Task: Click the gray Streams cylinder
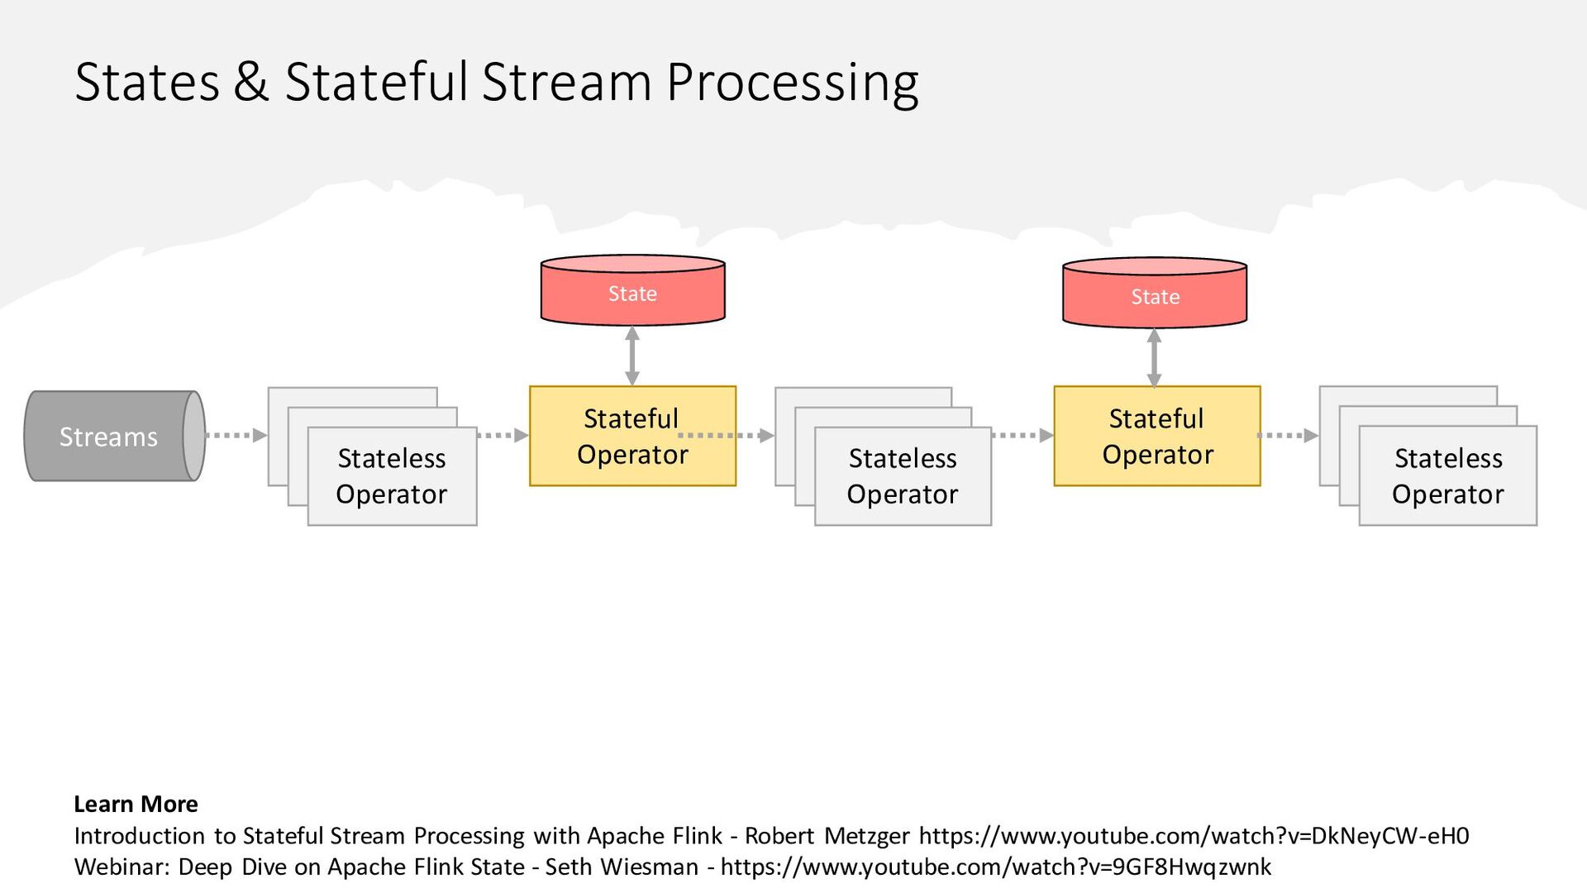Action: [x=114, y=436]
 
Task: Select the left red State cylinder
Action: [x=632, y=290]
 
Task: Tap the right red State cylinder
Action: [x=1155, y=293]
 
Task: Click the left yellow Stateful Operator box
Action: [x=632, y=436]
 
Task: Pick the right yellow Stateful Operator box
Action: [x=1157, y=436]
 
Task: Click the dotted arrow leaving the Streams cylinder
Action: [x=236, y=435]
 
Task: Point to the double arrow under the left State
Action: [x=632, y=356]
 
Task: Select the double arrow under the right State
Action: [x=1155, y=358]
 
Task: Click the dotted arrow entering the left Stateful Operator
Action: [x=503, y=435]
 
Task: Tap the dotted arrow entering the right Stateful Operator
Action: [x=1022, y=435]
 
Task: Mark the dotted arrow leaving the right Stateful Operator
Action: [x=1288, y=435]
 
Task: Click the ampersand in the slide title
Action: [x=251, y=82]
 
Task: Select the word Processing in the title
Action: [x=792, y=83]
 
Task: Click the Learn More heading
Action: [x=136, y=804]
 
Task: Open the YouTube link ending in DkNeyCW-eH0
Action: [x=1194, y=836]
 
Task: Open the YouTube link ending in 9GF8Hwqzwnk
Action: [x=996, y=867]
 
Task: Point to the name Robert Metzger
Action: [x=827, y=836]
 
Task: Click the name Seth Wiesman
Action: [x=622, y=867]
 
